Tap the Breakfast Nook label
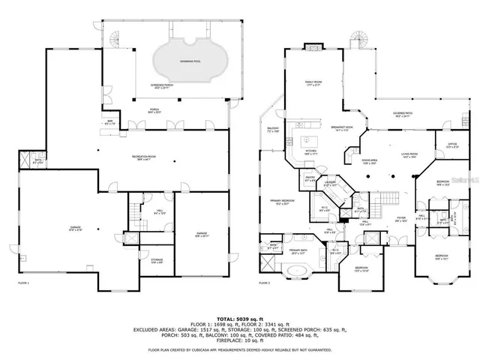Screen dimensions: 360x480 [x=342, y=127]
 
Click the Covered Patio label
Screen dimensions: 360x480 [x=402, y=115]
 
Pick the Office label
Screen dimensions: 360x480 [x=453, y=145]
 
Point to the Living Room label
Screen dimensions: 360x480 [x=409, y=156]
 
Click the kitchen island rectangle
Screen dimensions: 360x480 [x=306, y=140]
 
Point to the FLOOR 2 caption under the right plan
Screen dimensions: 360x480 [x=263, y=283]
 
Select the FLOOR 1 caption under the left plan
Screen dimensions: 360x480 [x=23, y=283]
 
